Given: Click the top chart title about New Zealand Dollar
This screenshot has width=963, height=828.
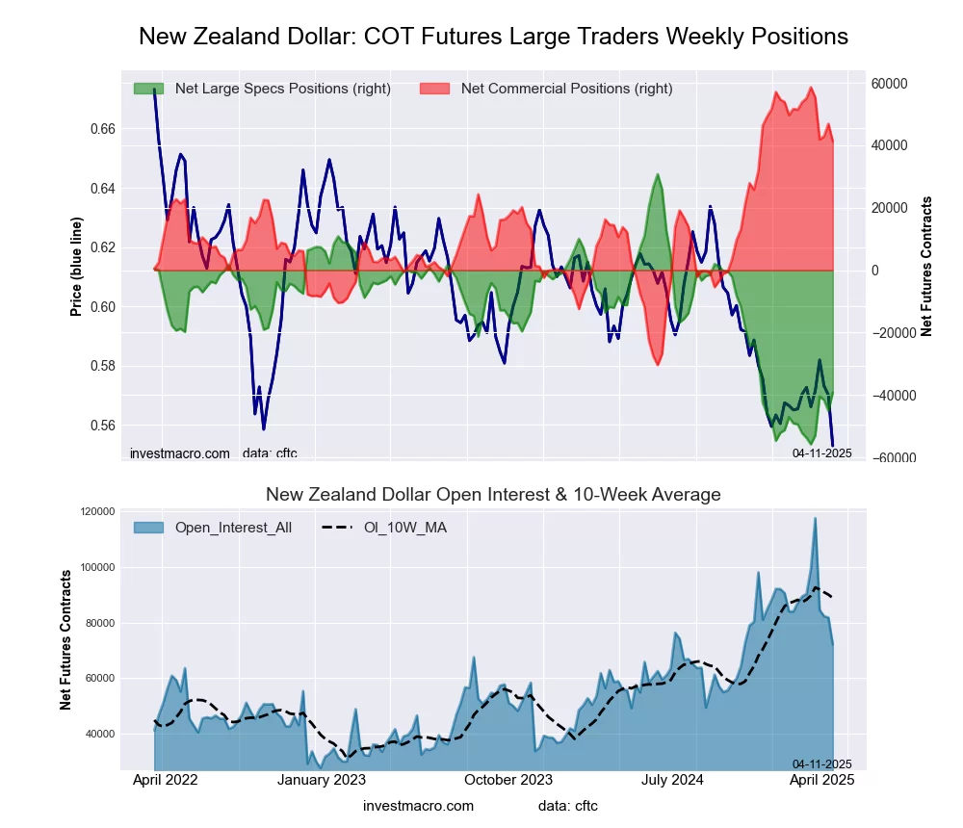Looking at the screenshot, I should pos(493,37).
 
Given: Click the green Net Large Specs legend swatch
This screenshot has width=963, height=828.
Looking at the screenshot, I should pos(148,89).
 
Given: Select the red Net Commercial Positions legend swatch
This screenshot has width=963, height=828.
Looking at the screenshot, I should pos(435,89).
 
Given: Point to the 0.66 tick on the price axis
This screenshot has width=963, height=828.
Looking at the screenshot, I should pos(102,129).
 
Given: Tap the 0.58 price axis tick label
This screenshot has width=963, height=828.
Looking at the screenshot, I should pos(102,367).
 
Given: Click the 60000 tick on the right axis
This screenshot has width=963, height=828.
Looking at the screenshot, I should pos(889,84).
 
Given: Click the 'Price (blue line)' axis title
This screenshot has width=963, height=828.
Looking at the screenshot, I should pos(76,266).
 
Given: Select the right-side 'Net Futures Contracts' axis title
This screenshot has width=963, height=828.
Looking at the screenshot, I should pos(926,266).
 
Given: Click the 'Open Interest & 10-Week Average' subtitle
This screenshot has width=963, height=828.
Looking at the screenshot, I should pos(493,495).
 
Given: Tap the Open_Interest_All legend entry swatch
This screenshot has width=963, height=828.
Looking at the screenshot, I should pos(148,528).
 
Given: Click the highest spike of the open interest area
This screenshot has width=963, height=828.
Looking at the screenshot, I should pos(815,518).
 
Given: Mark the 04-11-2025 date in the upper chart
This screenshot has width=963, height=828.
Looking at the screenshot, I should pos(821,453).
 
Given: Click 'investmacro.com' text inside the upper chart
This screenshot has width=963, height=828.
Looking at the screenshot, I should pos(180,453).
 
